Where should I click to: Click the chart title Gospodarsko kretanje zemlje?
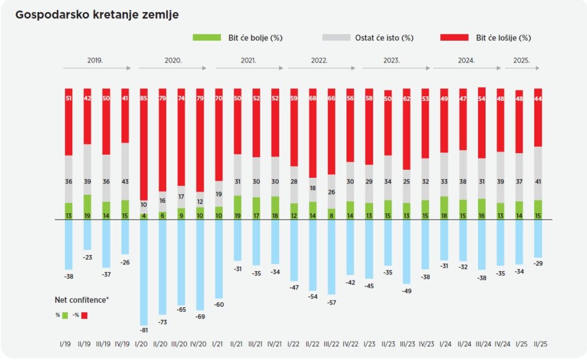[x=97, y=15]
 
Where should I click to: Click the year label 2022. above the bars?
[x=319, y=60]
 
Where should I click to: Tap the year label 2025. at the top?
[x=521, y=60]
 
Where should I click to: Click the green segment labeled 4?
[x=144, y=216]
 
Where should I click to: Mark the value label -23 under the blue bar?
[x=87, y=257]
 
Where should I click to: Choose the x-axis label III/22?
[x=331, y=343]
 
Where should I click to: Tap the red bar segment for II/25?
[x=538, y=118]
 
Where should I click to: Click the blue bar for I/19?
[x=69, y=244]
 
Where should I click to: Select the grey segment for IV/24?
[x=500, y=177]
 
